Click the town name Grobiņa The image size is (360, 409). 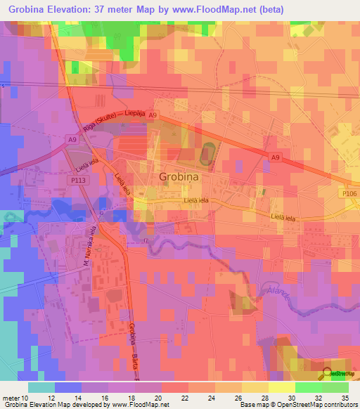[179, 177]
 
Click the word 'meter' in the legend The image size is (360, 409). [11, 397]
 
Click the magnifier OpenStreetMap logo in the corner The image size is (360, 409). [328, 374]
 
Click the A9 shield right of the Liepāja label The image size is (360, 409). [153, 114]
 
